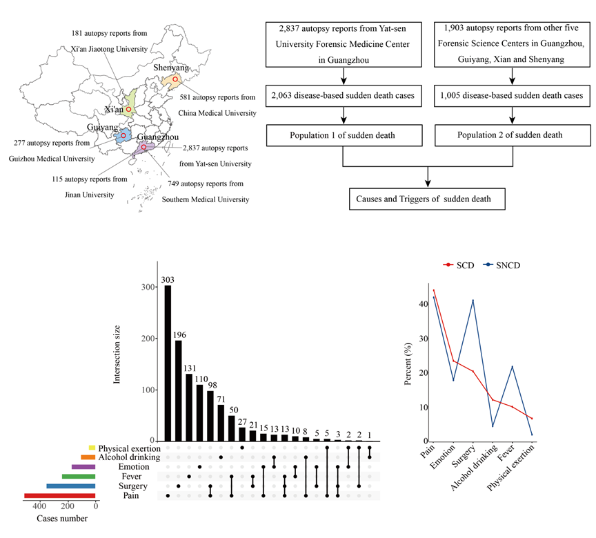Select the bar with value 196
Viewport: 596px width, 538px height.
coord(179,390)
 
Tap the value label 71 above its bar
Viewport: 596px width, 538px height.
coord(221,399)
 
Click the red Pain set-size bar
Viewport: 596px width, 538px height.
coord(59,496)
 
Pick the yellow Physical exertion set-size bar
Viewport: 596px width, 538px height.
coord(92,448)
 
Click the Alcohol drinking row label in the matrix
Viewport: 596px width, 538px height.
coord(128,457)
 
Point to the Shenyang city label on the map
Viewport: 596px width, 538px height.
coord(170,68)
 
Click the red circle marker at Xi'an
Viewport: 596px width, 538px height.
coord(128,110)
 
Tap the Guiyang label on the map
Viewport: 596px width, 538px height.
coord(103,128)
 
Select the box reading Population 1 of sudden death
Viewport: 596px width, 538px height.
coord(343,134)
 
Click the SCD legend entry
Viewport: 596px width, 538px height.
coord(459,265)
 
